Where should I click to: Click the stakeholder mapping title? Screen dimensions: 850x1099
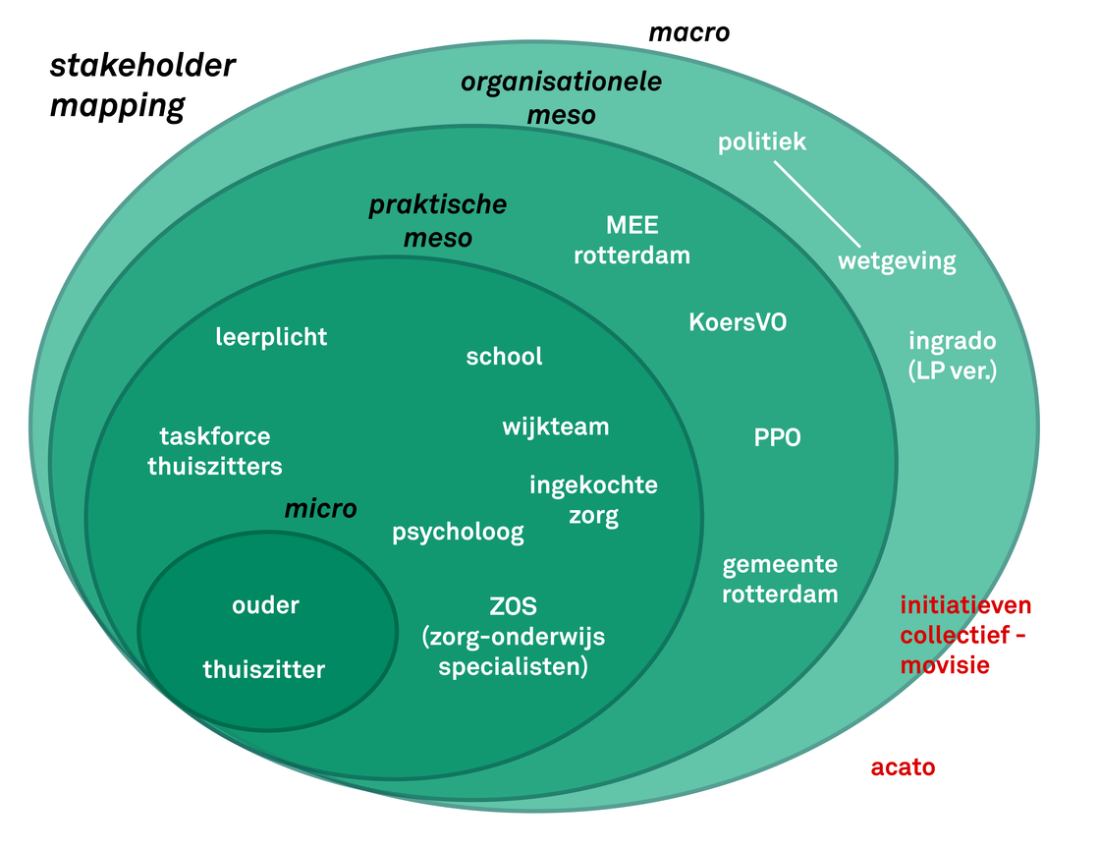click(x=142, y=85)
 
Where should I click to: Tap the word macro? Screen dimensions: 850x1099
click(x=689, y=32)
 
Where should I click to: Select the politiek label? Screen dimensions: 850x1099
click(x=762, y=142)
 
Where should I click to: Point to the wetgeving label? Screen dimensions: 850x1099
click(x=896, y=261)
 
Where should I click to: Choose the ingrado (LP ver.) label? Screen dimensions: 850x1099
click(x=953, y=356)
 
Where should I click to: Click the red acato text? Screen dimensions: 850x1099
click(x=903, y=767)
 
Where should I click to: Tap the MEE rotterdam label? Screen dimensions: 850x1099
click(x=632, y=241)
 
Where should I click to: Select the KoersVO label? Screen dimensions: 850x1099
click(x=738, y=322)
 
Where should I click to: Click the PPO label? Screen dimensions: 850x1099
click(x=777, y=438)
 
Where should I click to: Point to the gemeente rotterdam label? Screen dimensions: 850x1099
click(x=780, y=580)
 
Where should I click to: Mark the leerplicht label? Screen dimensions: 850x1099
click(x=271, y=337)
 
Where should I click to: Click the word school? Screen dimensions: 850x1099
click(x=504, y=356)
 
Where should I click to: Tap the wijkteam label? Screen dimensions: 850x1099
click(x=555, y=427)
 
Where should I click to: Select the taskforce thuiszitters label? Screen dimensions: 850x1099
click(x=215, y=451)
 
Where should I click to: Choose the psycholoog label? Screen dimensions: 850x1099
click(x=458, y=533)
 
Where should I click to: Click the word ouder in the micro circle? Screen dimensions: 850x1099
click(x=265, y=605)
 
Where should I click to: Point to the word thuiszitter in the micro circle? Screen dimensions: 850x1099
click(x=263, y=670)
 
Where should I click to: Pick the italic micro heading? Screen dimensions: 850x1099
click(x=320, y=509)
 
